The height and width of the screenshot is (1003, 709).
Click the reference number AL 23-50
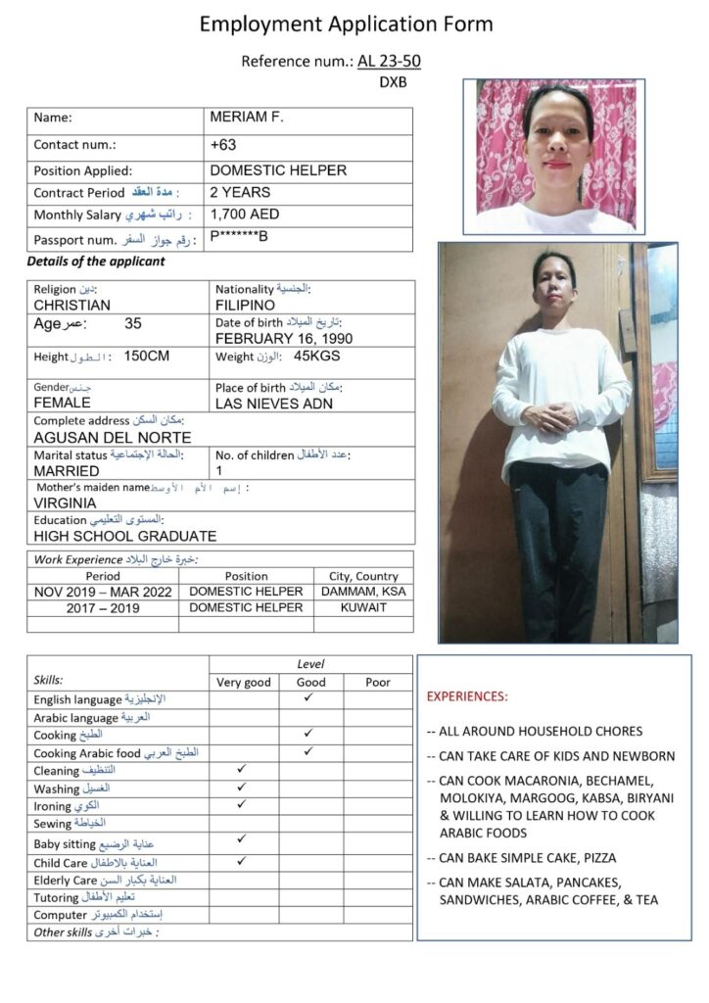point(390,62)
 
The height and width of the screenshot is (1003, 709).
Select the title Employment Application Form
point(347,24)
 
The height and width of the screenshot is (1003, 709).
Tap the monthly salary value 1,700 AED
point(245,214)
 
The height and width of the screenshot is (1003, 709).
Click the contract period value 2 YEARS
point(240,192)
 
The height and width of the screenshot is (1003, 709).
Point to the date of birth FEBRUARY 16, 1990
point(284,338)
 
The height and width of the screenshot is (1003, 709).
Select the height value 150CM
point(147,356)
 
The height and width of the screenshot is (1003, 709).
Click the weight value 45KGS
point(316,356)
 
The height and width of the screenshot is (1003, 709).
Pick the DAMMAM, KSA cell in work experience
point(363,592)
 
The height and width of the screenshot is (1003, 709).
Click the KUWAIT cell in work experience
point(363,607)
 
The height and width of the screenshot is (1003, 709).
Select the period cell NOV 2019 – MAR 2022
point(103,592)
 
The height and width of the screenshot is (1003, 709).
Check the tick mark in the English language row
point(308,697)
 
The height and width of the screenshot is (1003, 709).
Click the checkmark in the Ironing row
point(242,803)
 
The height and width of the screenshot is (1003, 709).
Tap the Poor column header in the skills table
point(377,682)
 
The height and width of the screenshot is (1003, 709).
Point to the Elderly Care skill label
point(66,880)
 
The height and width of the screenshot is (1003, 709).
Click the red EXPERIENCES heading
point(467,696)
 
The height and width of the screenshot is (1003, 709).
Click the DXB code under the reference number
point(393,82)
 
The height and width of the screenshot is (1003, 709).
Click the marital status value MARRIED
point(66,470)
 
